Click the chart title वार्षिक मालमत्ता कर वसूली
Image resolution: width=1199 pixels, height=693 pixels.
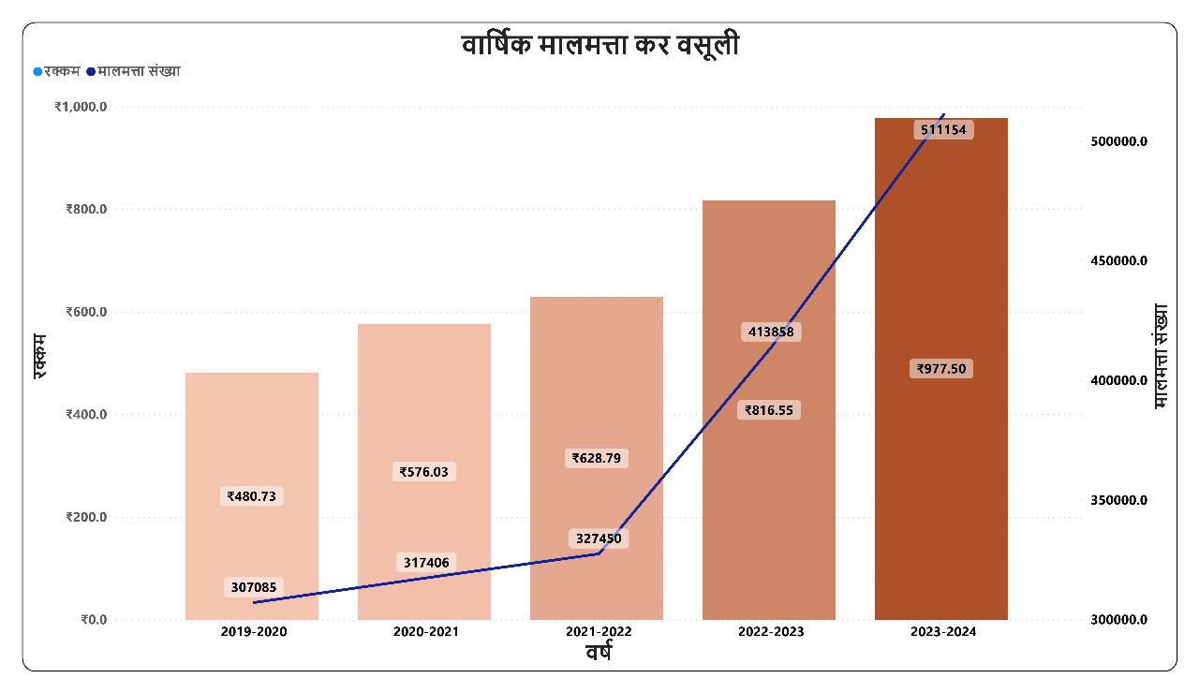(599, 45)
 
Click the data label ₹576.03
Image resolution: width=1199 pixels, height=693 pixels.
(424, 472)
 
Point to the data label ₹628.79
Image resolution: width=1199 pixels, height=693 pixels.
(597, 458)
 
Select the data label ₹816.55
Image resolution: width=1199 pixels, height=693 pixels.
(769, 409)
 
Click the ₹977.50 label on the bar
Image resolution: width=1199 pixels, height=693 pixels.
(941, 369)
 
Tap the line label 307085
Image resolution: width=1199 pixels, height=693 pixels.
(252, 588)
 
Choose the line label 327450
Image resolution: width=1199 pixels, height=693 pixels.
(597, 538)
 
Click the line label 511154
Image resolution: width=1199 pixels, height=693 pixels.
(942, 129)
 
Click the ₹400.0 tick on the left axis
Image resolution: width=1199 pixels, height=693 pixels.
(86, 414)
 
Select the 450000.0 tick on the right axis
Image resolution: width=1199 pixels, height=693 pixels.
(1118, 260)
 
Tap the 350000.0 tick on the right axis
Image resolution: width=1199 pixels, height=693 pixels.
(1118, 500)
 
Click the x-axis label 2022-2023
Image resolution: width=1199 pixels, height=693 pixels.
(770, 632)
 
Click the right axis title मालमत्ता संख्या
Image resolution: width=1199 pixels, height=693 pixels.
(1162, 356)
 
